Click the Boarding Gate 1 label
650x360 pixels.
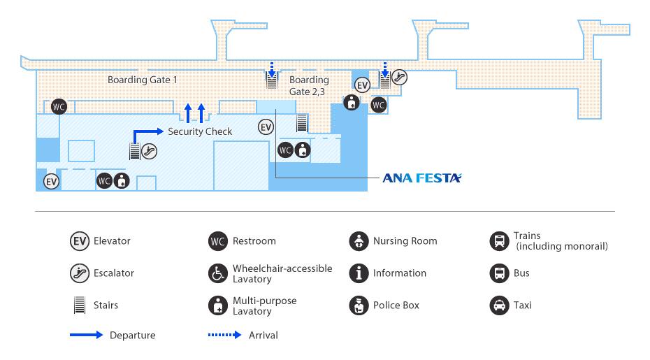pyautogui.click(x=142, y=80)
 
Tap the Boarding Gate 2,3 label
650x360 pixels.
pyautogui.click(x=308, y=85)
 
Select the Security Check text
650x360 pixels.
pyautogui.click(x=200, y=131)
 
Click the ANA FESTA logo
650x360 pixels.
pyautogui.click(x=422, y=178)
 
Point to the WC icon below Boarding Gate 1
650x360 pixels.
pyautogui.click(x=59, y=106)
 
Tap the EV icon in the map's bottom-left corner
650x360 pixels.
pyautogui.click(x=51, y=182)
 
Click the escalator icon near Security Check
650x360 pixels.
pyautogui.click(x=149, y=150)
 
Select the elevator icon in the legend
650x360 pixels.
pyautogui.click(x=80, y=241)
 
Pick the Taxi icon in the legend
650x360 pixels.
pyautogui.click(x=498, y=305)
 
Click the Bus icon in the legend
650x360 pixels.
pyautogui.click(x=498, y=273)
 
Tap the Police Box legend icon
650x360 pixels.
pyautogui.click(x=359, y=305)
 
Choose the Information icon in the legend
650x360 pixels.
pyautogui.click(x=359, y=273)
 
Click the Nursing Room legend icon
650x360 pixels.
pyautogui.click(x=359, y=241)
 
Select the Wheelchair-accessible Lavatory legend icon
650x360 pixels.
pyautogui.click(x=219, y=273)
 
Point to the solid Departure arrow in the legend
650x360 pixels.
pyautogui.click(x=86, y=336)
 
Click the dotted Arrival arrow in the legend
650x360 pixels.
pyautogui.click(x=224, y=336)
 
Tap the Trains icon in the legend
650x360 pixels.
pyautogui.click(x=498, y=241)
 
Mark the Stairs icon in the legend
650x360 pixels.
pyautogui.click(x=80, y=305)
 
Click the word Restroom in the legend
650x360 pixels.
pyautogui.click(x=254, y=241)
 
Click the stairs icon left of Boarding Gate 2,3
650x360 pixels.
pyautogui.click(x=272, y=80)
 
